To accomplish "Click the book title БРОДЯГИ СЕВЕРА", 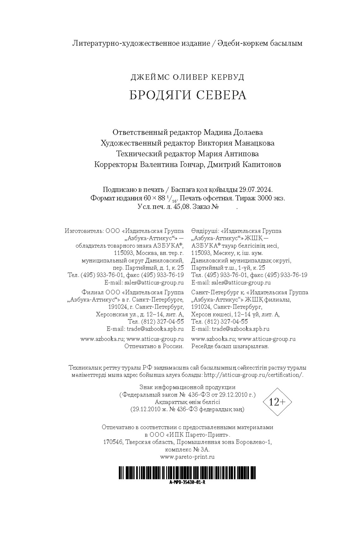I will (187, 95).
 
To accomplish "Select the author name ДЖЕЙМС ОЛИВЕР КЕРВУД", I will (187, 78).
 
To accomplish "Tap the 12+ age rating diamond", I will (277, 402).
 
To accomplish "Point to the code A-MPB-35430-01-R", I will (187, 483).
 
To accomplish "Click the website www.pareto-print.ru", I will (187, 457).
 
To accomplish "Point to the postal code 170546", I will (113, 442).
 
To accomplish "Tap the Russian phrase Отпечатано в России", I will (154, 346).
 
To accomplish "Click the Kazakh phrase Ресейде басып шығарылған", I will (230, 346).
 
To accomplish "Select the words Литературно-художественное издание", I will (141, 43).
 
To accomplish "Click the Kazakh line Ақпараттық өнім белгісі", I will (187, 402).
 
